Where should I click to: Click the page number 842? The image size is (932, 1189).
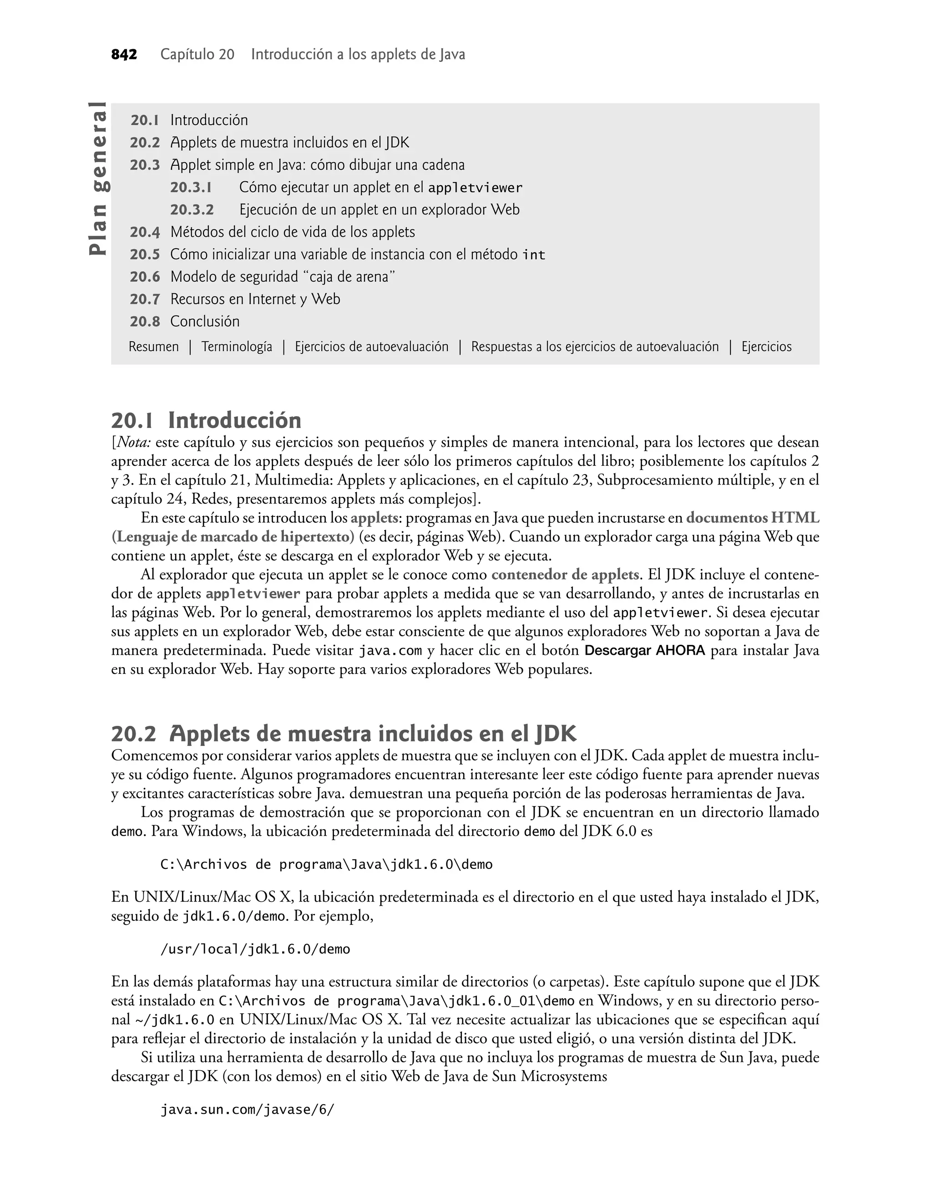click(x=124, y=55)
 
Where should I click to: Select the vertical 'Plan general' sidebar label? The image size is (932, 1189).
click(x=99, y=179)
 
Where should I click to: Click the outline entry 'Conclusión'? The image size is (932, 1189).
click(x=205, y=321)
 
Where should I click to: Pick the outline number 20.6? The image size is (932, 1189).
click(x=145, y=277)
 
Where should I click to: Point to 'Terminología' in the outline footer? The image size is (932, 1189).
click(x=236, y=347)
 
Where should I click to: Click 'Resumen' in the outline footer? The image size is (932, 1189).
click(x=153, y=347)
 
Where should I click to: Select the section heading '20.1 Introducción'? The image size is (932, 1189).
click(x=206, y=420)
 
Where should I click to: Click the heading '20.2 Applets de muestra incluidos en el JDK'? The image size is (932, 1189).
click(x=344, y=734)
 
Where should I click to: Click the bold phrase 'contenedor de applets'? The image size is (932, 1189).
click(x=565, y=575)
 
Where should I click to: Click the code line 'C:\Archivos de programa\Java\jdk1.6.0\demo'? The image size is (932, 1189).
click(x=326, y=865)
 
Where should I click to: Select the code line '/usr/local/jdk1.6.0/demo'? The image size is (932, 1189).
click(x=255, y=949)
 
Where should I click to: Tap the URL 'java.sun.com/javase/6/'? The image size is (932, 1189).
click(x=247, y=1110)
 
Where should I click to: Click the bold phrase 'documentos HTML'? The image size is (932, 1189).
click(x=753, y=517)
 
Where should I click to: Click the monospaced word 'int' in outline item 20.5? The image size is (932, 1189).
click(x=534, y=255)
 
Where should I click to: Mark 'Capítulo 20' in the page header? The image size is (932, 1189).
click(x=197, y=55)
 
